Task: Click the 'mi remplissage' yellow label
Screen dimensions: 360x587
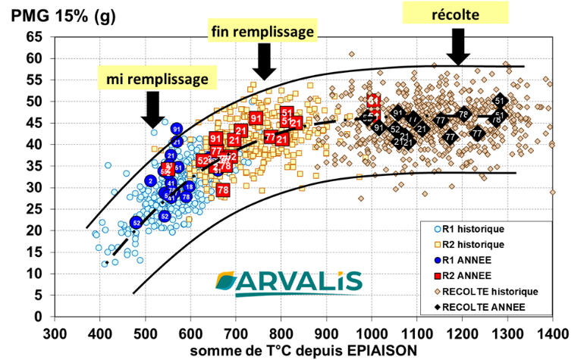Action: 157,77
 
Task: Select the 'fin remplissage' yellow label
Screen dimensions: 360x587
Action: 262,33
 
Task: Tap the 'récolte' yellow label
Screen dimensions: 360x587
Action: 457,13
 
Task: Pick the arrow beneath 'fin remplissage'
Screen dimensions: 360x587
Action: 264,62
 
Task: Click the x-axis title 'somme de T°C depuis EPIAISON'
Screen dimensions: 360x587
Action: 295,349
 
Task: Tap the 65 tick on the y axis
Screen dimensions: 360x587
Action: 34,36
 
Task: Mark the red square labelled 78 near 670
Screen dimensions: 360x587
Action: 223,190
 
